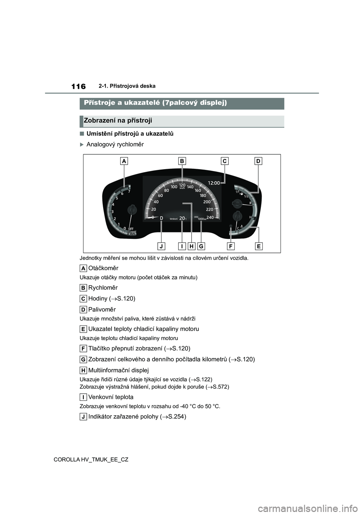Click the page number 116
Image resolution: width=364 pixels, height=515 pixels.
[x=78, y=86]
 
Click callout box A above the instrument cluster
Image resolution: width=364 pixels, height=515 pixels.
[x=124, y=161]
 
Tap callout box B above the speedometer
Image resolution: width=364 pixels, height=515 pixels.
[x=182, y=161]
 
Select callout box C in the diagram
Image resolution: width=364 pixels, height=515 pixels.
[x=224, y=161]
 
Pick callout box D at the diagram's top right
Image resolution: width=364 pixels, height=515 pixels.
[x=258, y=161]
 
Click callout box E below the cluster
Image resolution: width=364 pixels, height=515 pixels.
[x=259, y=247]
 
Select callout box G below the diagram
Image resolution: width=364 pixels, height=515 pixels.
[x=201, y=247]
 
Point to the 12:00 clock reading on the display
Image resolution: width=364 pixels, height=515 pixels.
[x=214, y=183]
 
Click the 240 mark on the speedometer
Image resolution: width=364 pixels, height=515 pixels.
[x=210, y=217]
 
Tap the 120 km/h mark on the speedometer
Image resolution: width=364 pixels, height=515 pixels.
[x=182, y=185]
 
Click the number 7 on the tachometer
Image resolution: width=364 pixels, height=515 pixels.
[x=129, y=192]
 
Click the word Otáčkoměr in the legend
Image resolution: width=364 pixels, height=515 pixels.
[x=103, y=268]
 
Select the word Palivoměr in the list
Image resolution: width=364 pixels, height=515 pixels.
[x=102, y=309]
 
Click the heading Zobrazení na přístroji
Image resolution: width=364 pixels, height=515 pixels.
[x=118, y=121]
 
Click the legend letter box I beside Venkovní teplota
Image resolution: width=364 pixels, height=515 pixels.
[x=83, y=397]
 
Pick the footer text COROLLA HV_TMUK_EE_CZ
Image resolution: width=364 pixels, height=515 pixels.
[x=91, y=459]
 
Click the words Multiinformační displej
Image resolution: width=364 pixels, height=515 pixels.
[x=118, y=370]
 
